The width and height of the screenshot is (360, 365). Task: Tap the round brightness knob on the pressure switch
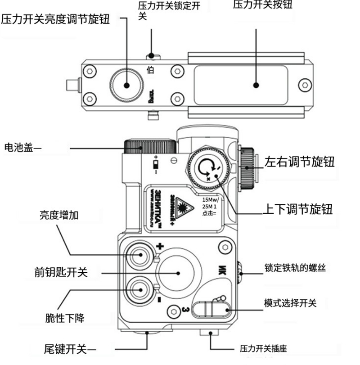pos(127,84)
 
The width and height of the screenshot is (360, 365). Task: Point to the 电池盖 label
pos(22,148)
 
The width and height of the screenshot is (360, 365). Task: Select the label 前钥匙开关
pos(61,272)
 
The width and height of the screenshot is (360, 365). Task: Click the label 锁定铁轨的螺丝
pos(295,268)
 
